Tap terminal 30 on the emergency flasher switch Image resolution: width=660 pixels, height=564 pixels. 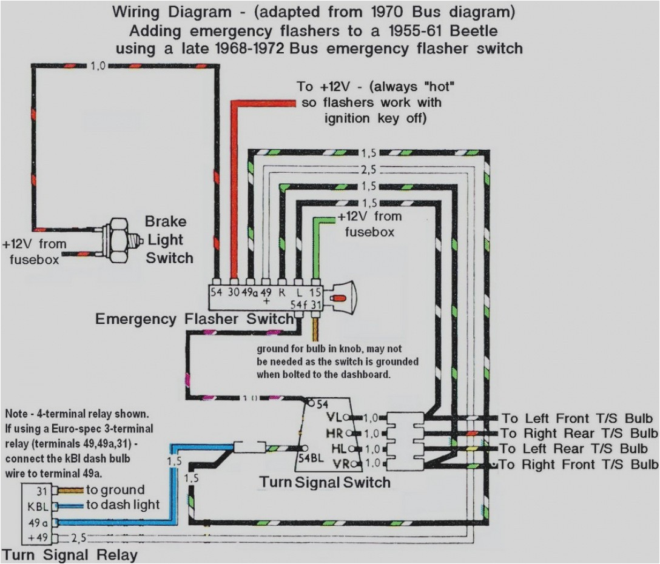233,291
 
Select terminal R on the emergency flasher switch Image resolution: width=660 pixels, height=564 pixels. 281,291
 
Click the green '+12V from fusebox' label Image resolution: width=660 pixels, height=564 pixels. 369,224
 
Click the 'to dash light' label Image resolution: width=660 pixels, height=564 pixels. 123,505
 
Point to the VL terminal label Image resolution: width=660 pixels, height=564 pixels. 334,417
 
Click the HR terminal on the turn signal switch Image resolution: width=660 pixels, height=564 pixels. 334,433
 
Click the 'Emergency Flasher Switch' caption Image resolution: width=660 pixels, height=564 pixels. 194,319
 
